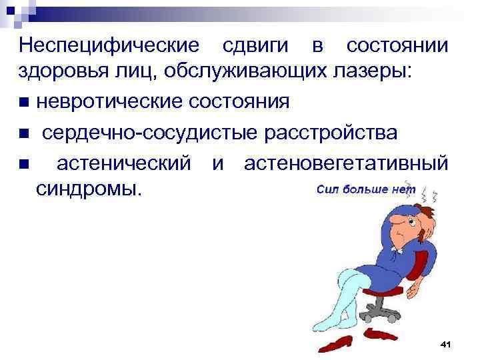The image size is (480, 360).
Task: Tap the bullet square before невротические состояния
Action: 24,103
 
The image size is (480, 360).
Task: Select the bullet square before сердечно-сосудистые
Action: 24,133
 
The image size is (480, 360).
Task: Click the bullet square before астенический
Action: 24,163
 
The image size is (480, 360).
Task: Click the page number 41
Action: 446,343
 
